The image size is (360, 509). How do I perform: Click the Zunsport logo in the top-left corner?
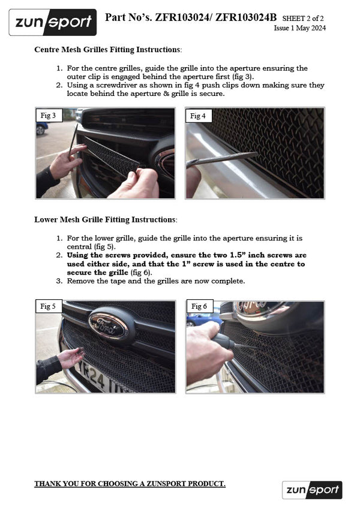[53, 22]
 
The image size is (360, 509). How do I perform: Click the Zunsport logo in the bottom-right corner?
[312, 490]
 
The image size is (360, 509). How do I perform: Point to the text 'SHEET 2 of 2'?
[304, 19]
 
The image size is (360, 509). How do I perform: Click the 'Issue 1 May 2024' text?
[299, 28]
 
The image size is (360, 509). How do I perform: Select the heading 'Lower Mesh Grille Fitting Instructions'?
[105, 219]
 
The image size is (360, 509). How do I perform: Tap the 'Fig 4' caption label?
[199, 115]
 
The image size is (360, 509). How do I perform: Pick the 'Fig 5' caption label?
[48, 306]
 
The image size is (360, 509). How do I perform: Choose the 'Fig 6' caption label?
[199, 306]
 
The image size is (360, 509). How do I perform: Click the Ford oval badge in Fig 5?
[109, 325]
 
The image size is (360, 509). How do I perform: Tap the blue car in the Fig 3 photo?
[41, 128]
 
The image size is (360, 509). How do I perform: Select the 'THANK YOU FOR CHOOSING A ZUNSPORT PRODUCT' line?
[130, 484]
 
